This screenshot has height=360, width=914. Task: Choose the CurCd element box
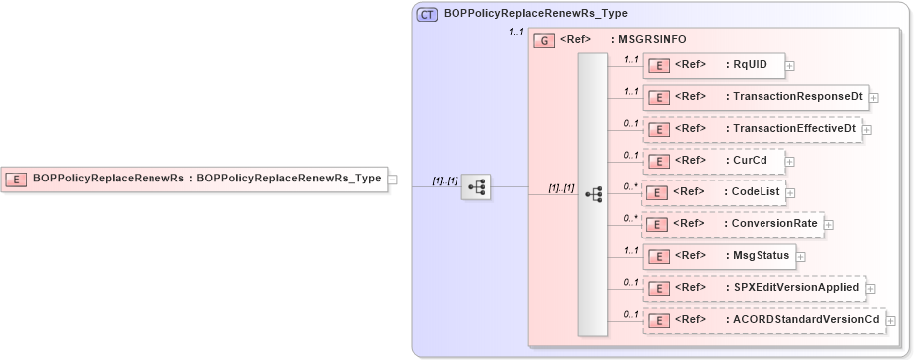[x=712, y=161]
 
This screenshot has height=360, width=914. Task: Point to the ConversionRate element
[x=733, y=224]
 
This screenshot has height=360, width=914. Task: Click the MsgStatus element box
[x=718, y=256]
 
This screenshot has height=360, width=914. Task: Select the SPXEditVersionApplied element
[x=754, y=288]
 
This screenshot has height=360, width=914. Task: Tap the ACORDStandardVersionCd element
[x=764, y=320]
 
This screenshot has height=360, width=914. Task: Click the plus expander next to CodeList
[x=790, y=193]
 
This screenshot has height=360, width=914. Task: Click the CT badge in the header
[x=427, y=16]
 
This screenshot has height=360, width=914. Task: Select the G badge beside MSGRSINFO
[x=544, y=40]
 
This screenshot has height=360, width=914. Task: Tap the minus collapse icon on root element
[x=393, y=180]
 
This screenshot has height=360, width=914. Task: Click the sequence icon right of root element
[x=477, y=186]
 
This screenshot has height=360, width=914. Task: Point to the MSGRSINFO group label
[x=653, y=40]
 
